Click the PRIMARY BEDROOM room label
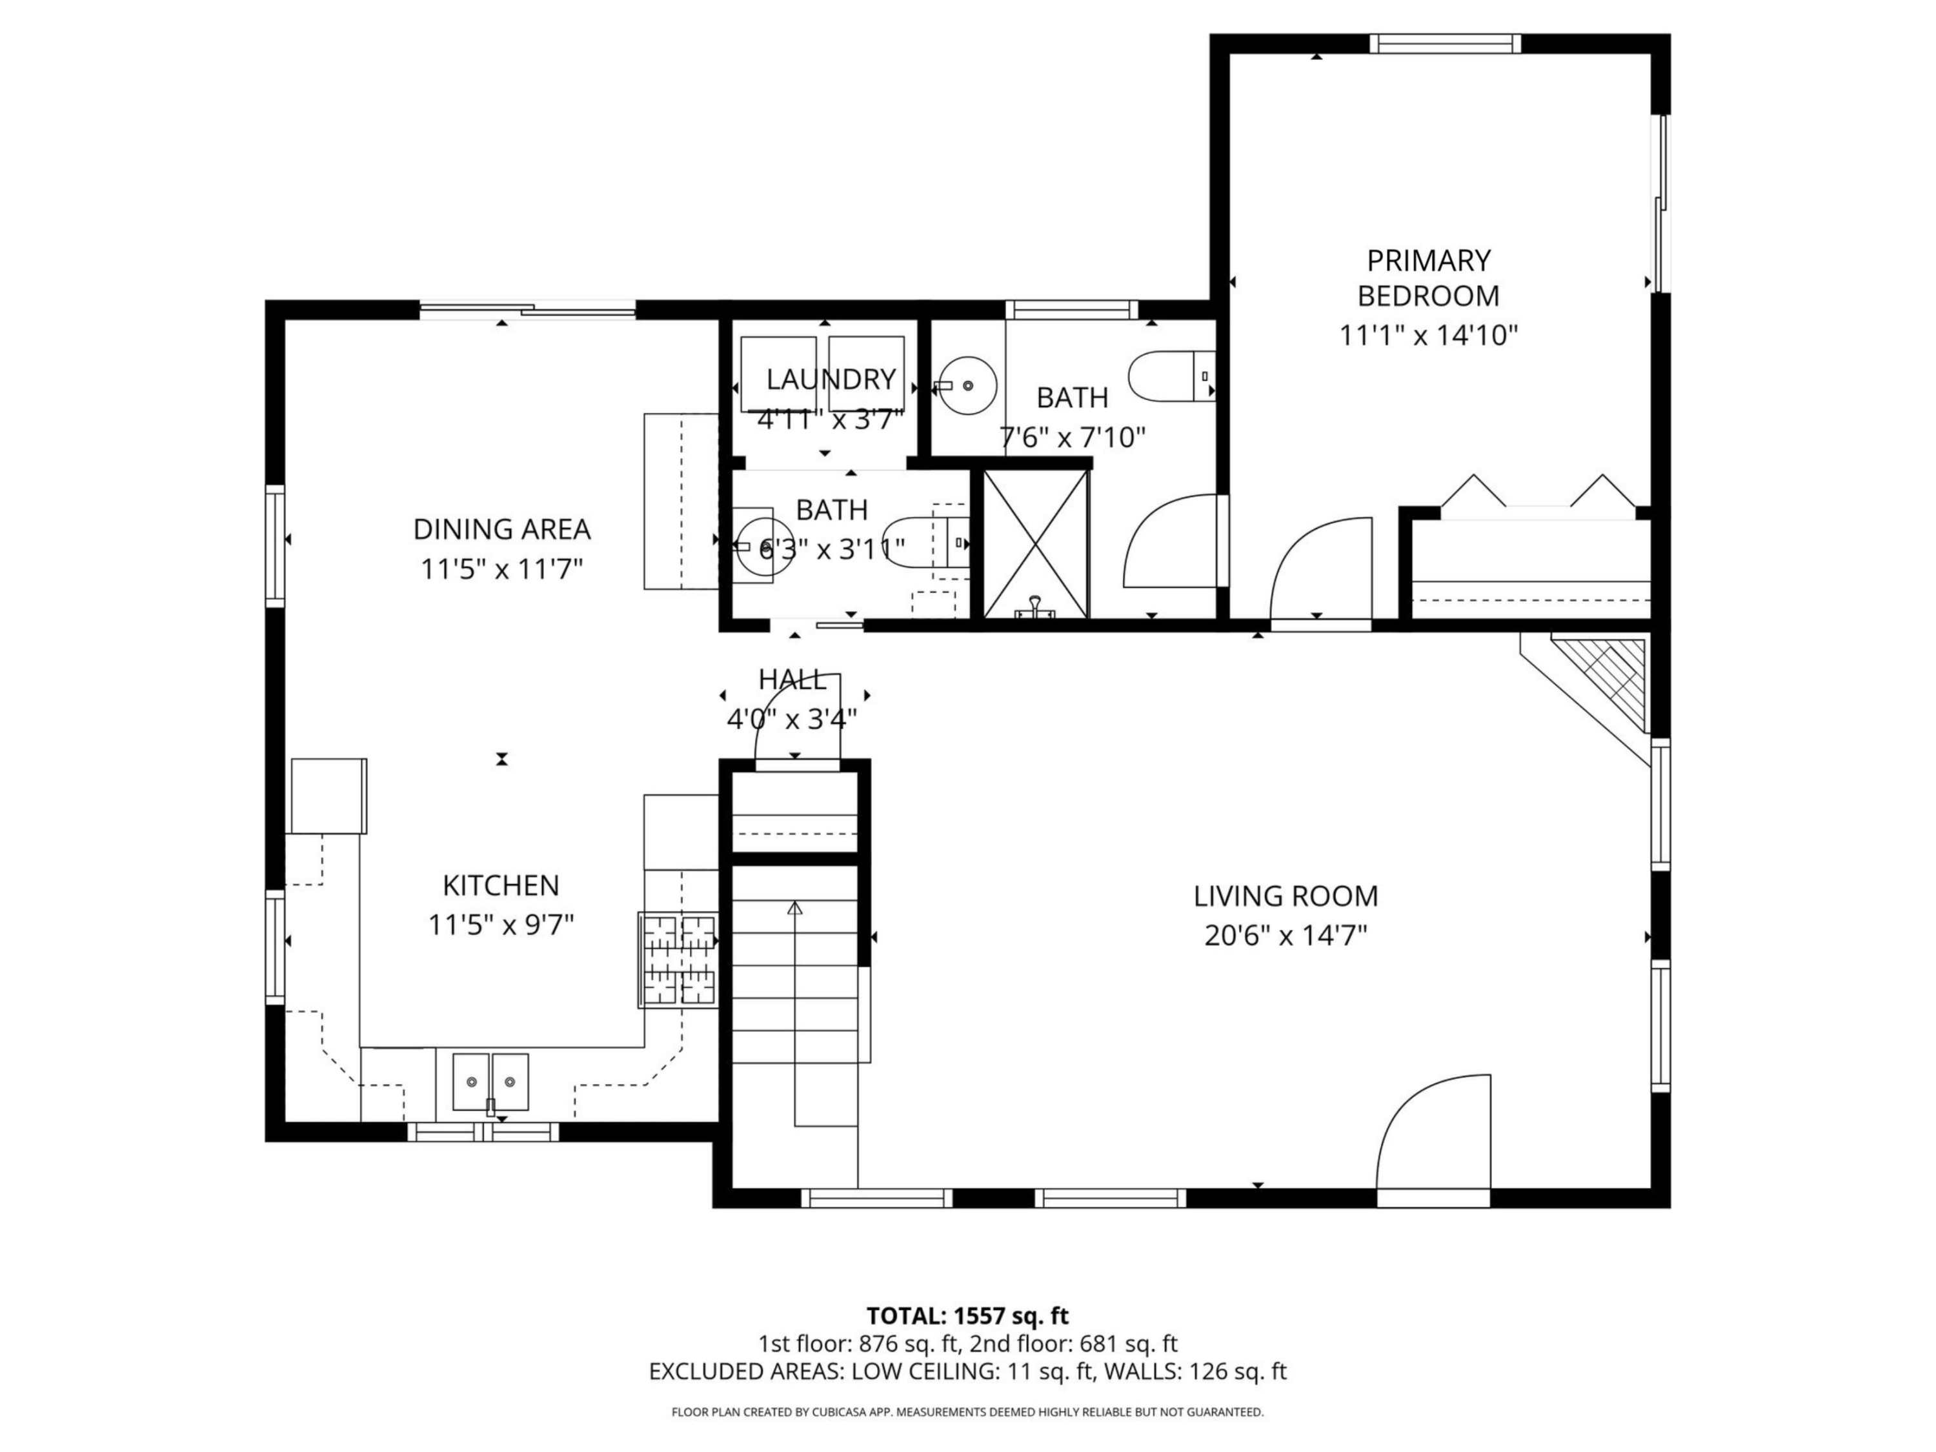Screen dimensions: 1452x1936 1427,278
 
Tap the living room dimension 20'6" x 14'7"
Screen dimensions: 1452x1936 1285,936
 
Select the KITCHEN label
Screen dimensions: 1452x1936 501,886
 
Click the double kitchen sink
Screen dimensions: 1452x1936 490,1082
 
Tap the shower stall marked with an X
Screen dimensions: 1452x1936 1035,543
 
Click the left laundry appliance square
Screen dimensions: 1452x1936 777,373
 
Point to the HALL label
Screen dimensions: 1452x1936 792,679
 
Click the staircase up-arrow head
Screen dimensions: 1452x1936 794,909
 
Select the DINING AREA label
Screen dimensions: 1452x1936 501,530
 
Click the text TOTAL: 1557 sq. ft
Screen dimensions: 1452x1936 967,1315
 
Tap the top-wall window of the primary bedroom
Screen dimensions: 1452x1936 1444,44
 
